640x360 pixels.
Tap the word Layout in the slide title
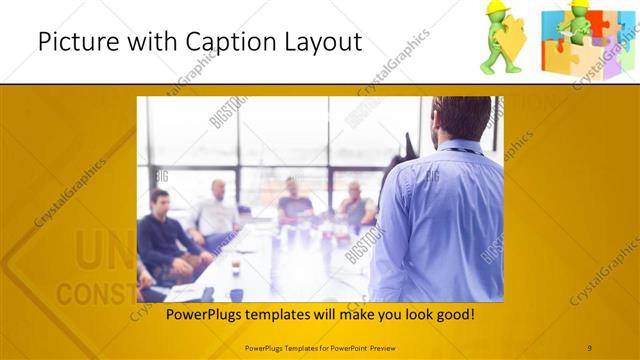click(318, 42)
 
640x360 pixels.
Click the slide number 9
click(589, 347)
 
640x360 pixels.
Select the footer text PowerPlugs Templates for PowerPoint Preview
click(320, 347)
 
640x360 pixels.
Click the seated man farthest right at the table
click(355, 205)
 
